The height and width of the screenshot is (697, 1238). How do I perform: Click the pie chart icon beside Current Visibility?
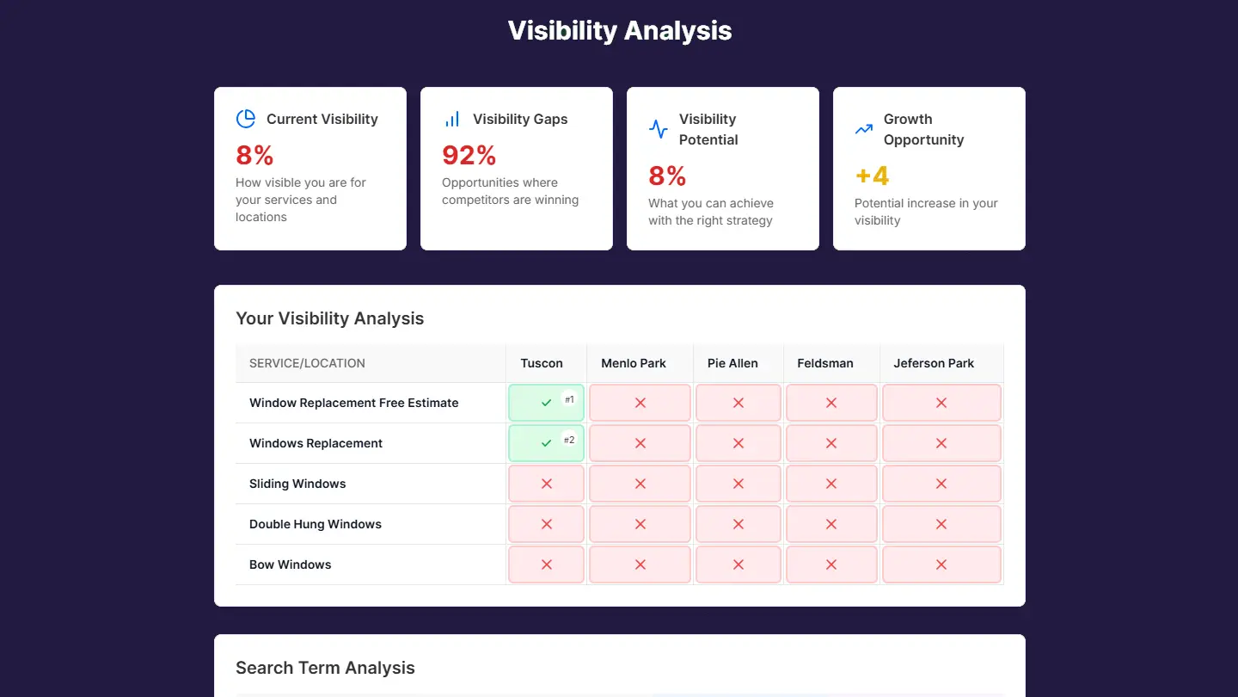(246, 119)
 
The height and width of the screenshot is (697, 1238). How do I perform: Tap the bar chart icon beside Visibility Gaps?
(452, 119)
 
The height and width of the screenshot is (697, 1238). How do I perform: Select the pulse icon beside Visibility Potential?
(659, 129)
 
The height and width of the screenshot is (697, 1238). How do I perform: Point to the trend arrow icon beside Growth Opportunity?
(864, 129)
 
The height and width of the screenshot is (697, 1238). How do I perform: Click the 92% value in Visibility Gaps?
(469, 155)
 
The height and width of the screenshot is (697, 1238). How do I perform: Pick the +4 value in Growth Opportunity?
(872, 176)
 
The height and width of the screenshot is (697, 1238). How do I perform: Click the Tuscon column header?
(542, 363)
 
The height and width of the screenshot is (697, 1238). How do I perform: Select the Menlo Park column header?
(634, 363)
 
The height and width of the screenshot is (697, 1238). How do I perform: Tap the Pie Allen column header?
(732, 363)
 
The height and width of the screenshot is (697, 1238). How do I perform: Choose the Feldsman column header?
(825, 363)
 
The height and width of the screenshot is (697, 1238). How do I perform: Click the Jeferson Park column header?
(934, 363)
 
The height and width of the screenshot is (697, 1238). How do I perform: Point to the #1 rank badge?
(569, 399)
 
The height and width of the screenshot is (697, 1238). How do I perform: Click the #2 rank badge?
(569, 440)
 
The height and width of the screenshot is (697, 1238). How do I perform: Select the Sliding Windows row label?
(297, 484)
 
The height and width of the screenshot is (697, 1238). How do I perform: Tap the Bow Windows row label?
(291, 564)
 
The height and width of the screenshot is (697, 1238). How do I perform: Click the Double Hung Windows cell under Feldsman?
(831, 524)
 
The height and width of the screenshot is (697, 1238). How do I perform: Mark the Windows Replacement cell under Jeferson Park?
(941, 443)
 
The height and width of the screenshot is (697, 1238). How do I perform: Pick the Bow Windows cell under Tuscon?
(546, 564)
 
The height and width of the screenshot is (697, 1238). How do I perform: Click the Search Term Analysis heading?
(325, 668)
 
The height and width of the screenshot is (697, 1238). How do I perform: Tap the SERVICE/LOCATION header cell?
(307, 363)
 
